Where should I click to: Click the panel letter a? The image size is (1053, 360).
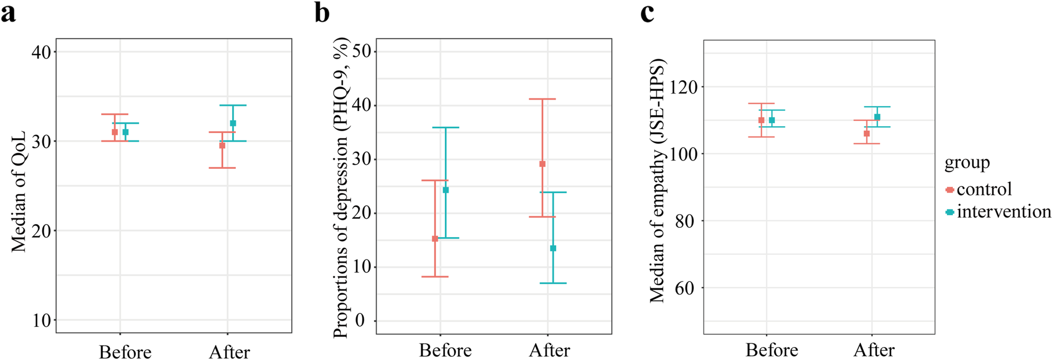click(x=8, y=13)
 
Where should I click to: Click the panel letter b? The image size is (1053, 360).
click(x=323, y=13)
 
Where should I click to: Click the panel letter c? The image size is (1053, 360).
click(x=647, y=13)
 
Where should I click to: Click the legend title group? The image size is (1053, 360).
click(x=967, y=163)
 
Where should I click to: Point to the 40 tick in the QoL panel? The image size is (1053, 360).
click(x=42, y=53)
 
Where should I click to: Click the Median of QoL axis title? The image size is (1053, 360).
click(x=19, y=191)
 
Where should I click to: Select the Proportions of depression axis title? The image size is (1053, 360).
click(x=341, y=188)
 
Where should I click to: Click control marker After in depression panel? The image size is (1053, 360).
click(x=543, y=164)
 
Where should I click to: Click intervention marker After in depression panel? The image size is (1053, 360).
click(x=553, y=248)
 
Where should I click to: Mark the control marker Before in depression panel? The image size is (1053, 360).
click(x=435, y=239)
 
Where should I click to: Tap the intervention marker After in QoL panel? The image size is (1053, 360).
click(x=233, y=123)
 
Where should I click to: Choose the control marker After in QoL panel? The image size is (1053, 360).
click(x=222, y=146)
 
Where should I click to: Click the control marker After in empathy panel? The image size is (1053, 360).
click(x=867, y=134)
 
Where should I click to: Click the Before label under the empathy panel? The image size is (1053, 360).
click(x=772, y=350)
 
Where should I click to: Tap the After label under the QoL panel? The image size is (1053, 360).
click(x=229, y=352)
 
